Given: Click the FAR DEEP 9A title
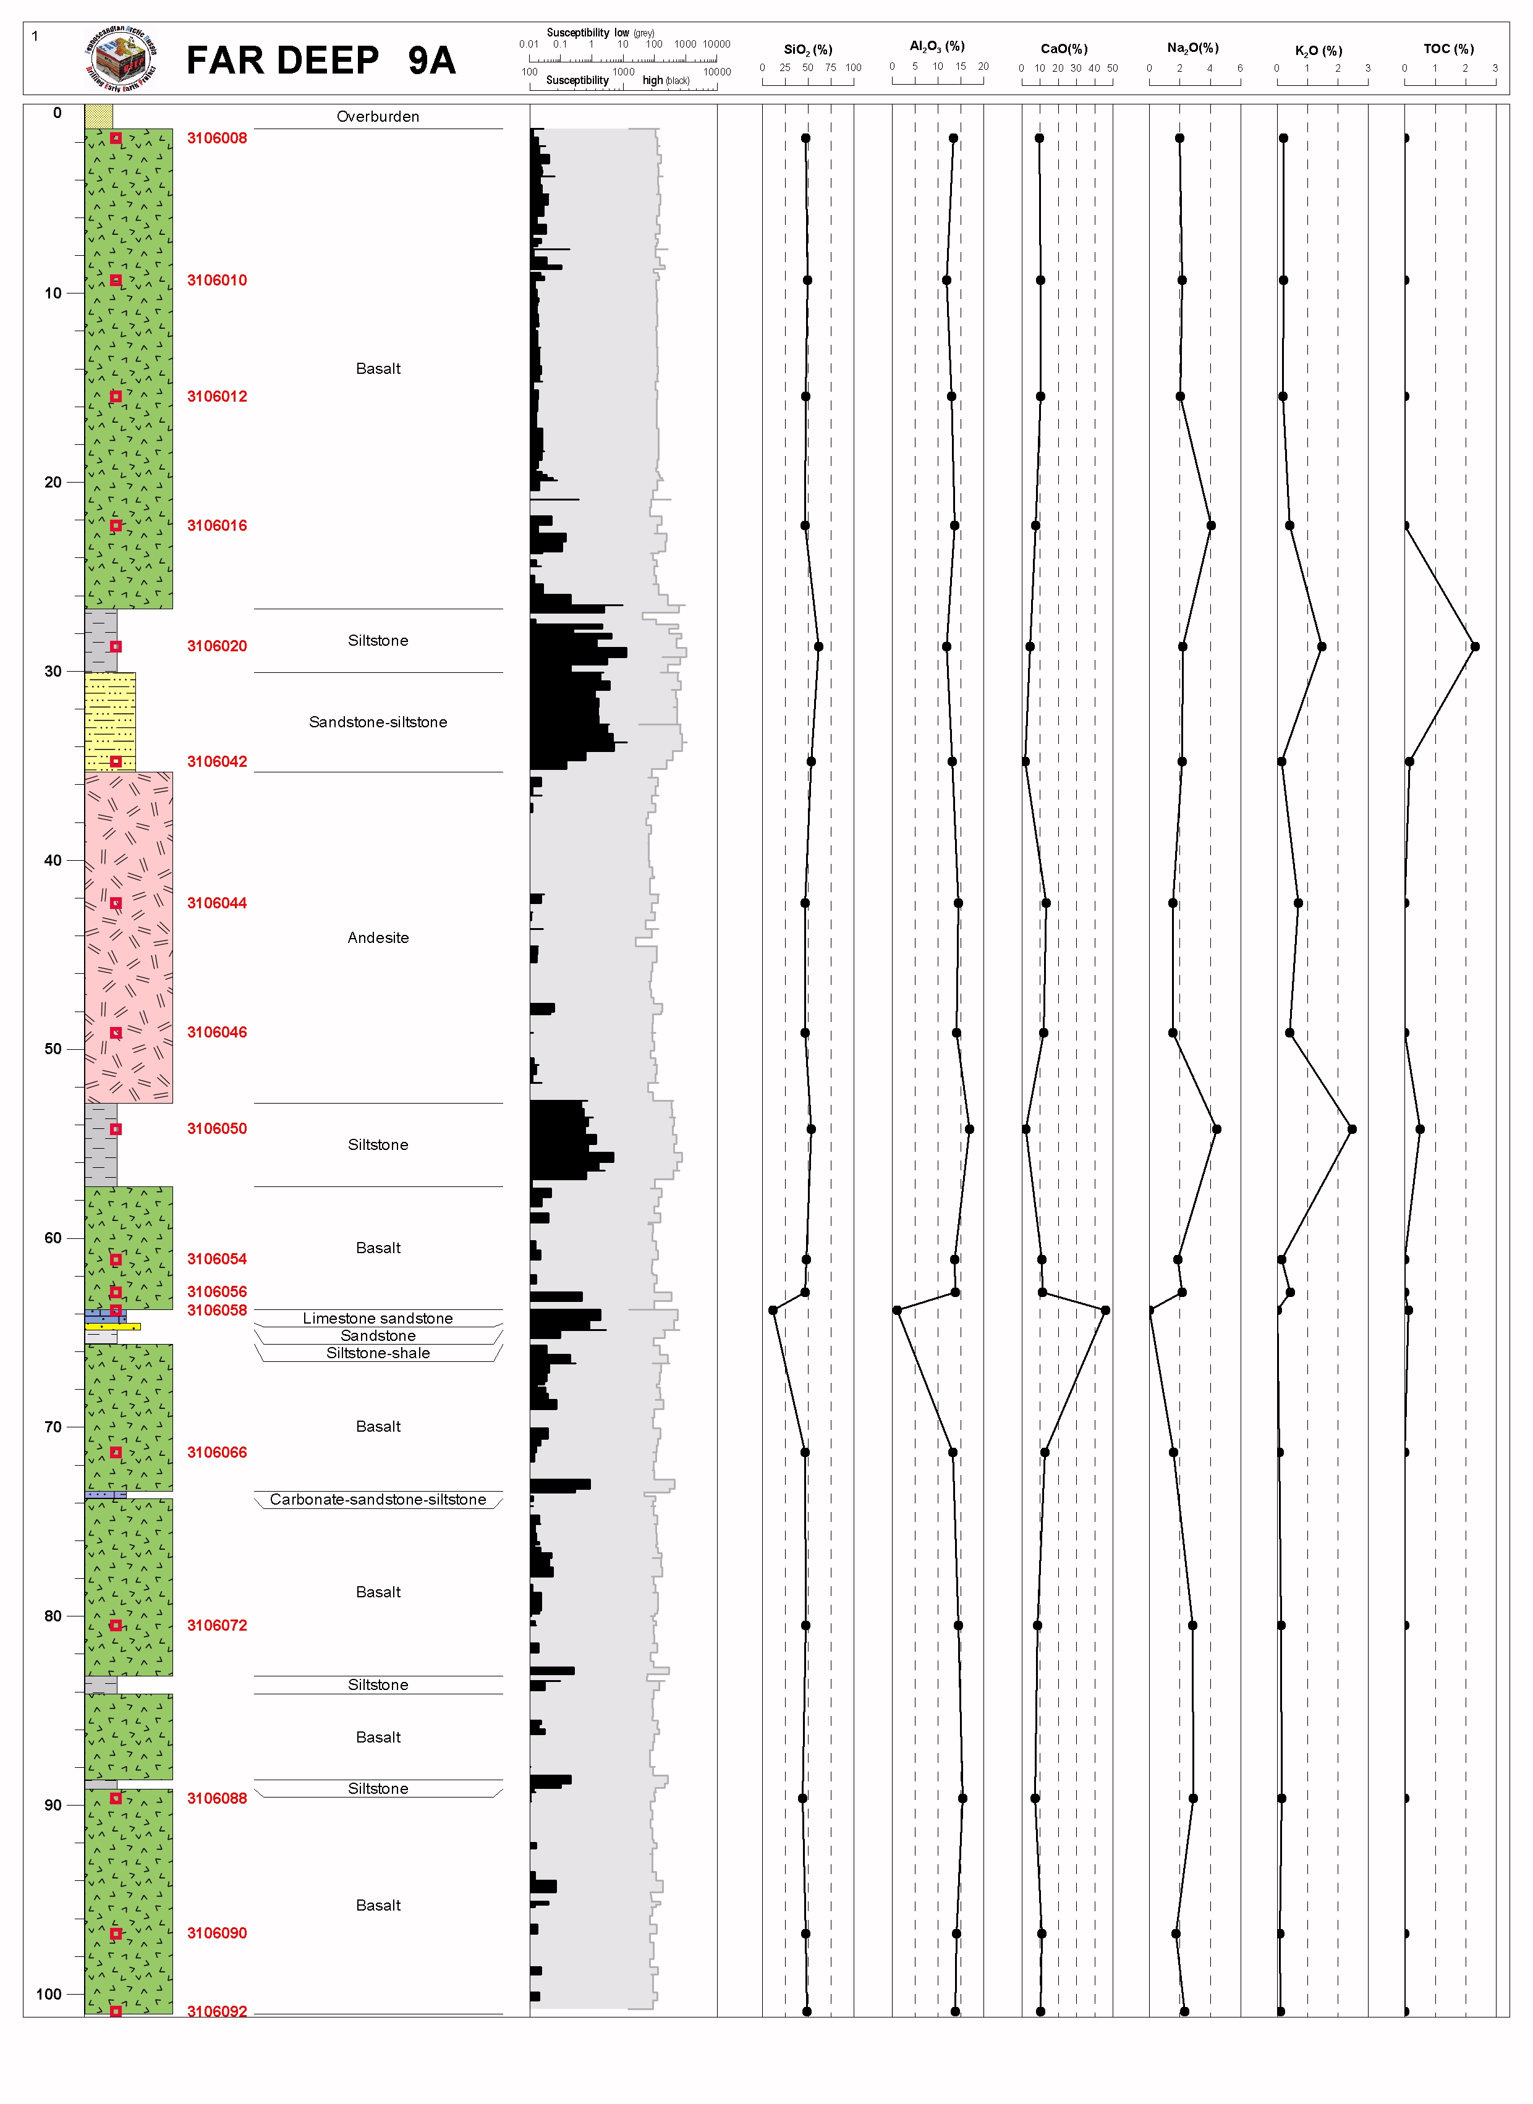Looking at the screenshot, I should [320, 61].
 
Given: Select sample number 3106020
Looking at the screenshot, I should [217, 646].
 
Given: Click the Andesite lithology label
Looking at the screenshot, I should [378, 938].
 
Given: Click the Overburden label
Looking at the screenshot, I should [378, 117].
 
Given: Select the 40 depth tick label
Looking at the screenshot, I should [53, 860].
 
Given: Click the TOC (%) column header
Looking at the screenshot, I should [1448, 49].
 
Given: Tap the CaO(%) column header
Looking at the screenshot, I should [1063, 49].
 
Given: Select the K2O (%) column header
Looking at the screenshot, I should [1319, 51].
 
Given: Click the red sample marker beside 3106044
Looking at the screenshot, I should [116, 903].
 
